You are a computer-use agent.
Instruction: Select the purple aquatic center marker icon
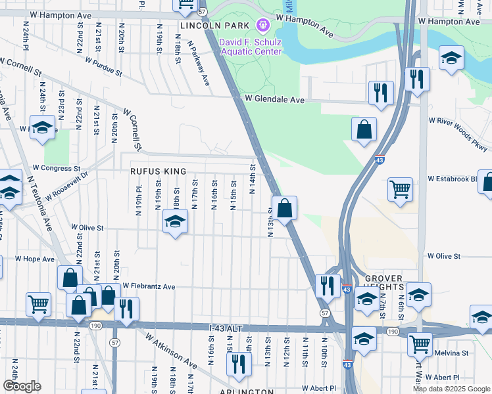(x=263, y=25)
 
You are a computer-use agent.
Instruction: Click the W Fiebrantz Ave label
(x=149, y=286)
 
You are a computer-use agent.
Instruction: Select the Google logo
(x=22, y=386)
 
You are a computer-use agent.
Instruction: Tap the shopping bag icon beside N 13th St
(x=284, y=209)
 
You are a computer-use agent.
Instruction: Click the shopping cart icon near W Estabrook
(x=401, y=190)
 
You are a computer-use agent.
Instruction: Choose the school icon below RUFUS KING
(x=176, y=221)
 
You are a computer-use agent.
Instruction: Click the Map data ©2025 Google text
(x=451, y=389)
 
